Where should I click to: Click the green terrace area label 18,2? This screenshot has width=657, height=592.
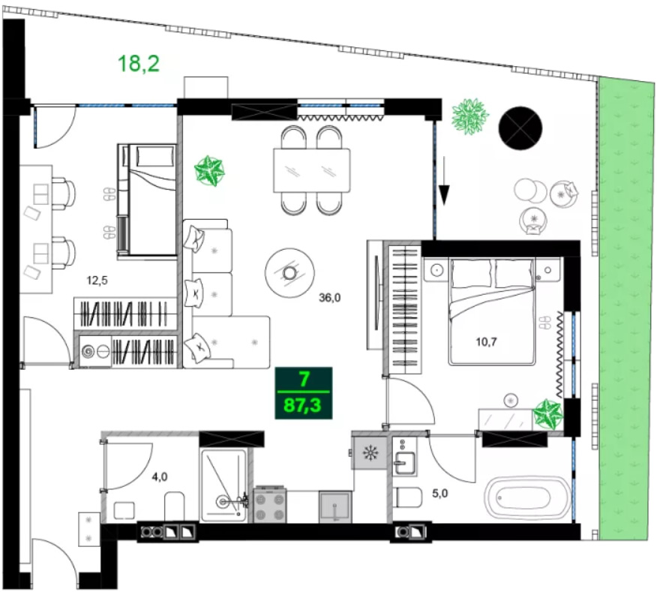(139, 64)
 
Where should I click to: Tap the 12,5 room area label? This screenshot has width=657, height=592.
(97, 280)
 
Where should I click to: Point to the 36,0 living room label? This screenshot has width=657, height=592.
(330, 298)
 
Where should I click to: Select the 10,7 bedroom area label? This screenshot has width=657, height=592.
(486, 342)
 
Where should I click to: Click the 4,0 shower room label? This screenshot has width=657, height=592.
(160, 476)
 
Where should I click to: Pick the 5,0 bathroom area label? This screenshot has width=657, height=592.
(440, 494)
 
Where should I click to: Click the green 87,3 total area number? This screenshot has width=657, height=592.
(302, 405)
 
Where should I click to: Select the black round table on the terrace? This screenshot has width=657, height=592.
(520, 128)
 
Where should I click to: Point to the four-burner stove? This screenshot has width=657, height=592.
(270, 504)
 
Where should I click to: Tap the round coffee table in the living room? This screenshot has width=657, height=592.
(289, 273)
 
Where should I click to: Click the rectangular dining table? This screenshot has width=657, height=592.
(312, 170)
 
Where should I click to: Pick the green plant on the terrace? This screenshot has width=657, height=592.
(470, 116)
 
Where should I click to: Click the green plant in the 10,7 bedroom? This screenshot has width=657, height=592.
(547, 414)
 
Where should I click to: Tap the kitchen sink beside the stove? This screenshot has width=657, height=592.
(334, 507)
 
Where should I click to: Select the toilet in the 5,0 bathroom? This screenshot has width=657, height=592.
(409, 497)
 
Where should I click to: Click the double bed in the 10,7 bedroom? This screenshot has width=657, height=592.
(492, 311)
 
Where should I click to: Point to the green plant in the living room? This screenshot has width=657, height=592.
(209, 170)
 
